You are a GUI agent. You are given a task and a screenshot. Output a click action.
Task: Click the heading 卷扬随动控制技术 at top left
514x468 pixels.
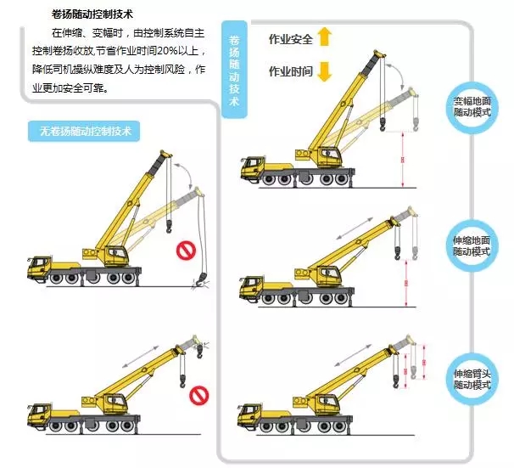tap(92, 14)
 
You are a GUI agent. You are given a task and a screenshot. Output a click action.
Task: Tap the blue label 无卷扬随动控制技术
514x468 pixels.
tap(84, 132)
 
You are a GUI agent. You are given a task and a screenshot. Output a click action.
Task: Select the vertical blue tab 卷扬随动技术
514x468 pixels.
tap(234, 69)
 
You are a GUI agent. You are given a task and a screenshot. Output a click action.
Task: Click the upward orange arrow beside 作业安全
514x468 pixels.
tap(325, 37)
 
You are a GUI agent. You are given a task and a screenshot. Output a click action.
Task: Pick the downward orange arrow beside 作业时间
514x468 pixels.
tap(325, 71)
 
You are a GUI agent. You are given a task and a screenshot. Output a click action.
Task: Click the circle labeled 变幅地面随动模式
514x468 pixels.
tap(472, 107)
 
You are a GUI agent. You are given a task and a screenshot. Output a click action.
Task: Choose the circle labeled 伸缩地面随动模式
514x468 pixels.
tap(472, 245)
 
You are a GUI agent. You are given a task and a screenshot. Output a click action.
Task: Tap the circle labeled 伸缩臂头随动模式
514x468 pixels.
tap(472, 379)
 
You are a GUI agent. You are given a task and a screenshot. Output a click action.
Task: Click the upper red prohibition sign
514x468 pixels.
tap(186, 251)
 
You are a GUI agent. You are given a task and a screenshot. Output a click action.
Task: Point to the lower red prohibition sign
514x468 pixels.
tap(199, 395)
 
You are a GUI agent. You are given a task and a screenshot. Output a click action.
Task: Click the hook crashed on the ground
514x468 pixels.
tap(201, 281)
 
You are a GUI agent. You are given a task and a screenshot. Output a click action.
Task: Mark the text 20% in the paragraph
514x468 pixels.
tap(166, 51)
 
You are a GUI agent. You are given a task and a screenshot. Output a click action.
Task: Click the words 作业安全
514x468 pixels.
tap(290, 39)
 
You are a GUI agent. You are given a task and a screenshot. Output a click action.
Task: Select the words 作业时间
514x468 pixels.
tap(290, 70)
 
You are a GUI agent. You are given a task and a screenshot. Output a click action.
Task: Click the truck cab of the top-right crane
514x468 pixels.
tap(252, 167)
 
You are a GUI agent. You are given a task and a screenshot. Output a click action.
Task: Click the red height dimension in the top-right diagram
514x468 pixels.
tap(403, 160)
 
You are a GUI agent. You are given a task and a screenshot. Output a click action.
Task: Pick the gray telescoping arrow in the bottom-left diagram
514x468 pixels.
tap(140, 357)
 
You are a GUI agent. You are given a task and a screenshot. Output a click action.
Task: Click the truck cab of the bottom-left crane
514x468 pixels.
tap(39, 415)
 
